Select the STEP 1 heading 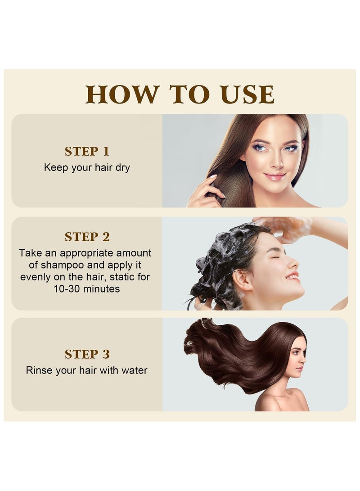click(87, 151)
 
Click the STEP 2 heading click(87, 237)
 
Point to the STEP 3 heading click(87, 354)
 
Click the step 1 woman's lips click(274, 176)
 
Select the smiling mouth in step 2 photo click(292, 276)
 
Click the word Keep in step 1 click(54, 168)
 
